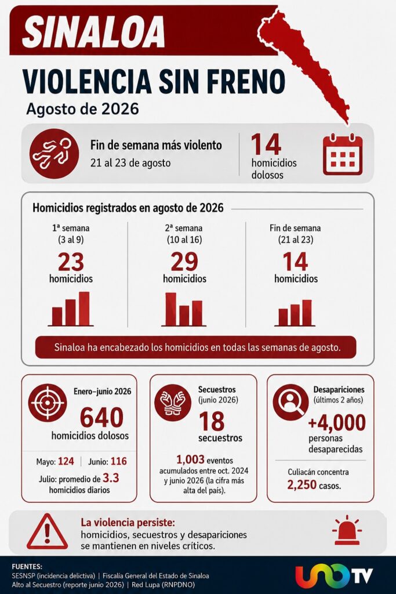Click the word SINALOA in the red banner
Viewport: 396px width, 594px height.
tap(93, 32)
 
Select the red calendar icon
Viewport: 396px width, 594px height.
tap(343, 154)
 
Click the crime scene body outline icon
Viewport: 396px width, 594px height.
tap(54, 153)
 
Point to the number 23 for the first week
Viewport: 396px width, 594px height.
tap(71, 262)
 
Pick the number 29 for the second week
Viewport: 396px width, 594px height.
tap(184, 262)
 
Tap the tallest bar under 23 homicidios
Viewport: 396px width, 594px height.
tap(84, 309)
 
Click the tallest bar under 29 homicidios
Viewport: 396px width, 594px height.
tap(170, 309)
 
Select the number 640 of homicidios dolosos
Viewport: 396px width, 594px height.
tap(102, 418)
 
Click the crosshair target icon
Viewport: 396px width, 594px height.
tap(48, 403)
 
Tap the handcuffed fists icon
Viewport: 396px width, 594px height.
tap(173, 403)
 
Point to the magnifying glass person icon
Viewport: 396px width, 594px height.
tap(290, 402)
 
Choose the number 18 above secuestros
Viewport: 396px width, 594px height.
tap(212, 421)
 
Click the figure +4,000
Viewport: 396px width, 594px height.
tap(337, 423)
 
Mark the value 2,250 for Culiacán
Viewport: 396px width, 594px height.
tap(301, 485)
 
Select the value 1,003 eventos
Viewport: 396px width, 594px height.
tap(190, 459)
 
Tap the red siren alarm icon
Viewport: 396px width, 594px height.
tap(347, 530)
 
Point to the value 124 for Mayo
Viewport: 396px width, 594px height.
tap(66, 461)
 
